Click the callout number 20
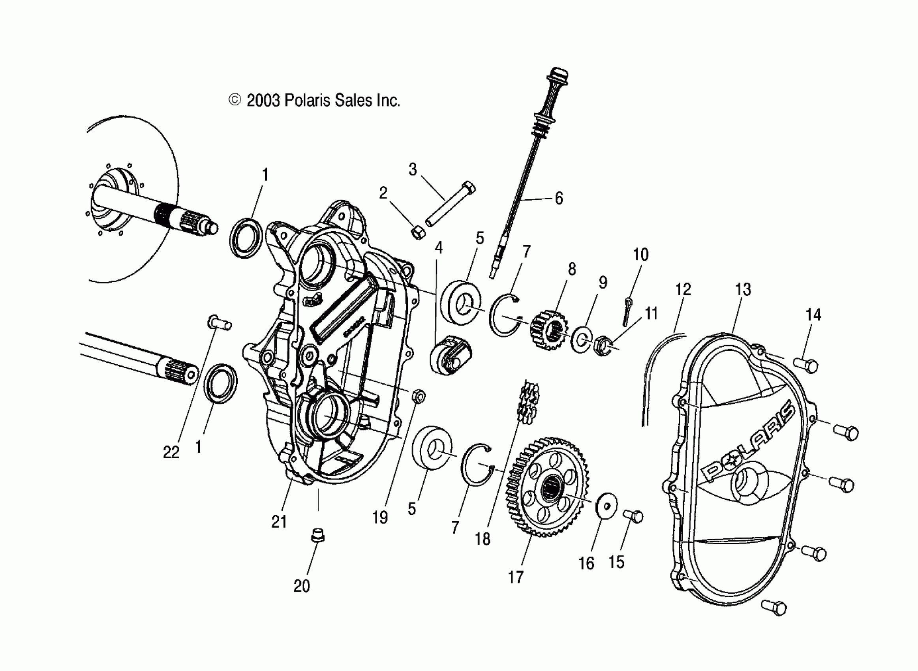[x=301, y=586]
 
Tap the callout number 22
[x=171, y=452]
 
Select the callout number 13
[x=743, y=290]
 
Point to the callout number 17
[x=516, y=577]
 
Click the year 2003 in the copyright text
[x=263, y=100]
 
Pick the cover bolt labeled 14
[x=806, y=365]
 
